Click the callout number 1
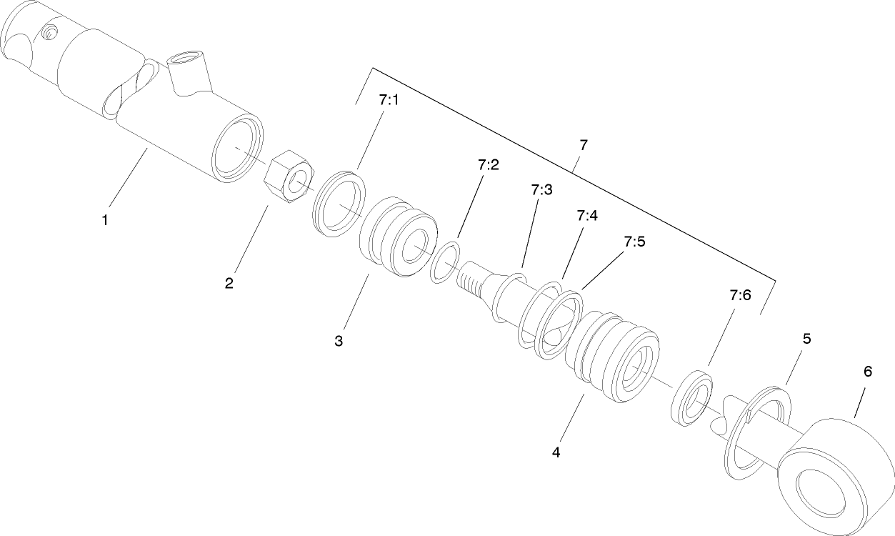point(105,221)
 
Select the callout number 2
point(229,283)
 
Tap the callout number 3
point(339,341)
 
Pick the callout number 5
point(806,339)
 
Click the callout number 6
point(867,372)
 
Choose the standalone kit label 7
point(584,145)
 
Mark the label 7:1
point(389,101)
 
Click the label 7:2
point(489,165)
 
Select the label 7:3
point(542,190)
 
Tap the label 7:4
point(586,215)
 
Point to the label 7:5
point(634,242)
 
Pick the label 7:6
point(741,294)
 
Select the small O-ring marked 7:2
point(446,263)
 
